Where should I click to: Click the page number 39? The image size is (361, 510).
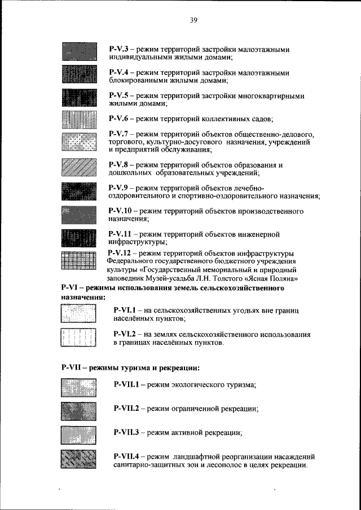tap(193, 20)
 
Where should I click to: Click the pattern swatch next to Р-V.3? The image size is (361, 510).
tap(80, 52)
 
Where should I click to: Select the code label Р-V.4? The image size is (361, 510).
tap(119, 73)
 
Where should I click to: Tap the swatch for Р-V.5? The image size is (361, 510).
tap(80, 99)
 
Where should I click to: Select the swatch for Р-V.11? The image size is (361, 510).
tap(80, 238)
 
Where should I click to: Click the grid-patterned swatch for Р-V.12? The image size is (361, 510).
tap(80, 261)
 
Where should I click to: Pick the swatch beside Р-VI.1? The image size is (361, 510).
tap(78, 314)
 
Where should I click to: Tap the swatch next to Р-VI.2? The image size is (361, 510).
tap(78, 338)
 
